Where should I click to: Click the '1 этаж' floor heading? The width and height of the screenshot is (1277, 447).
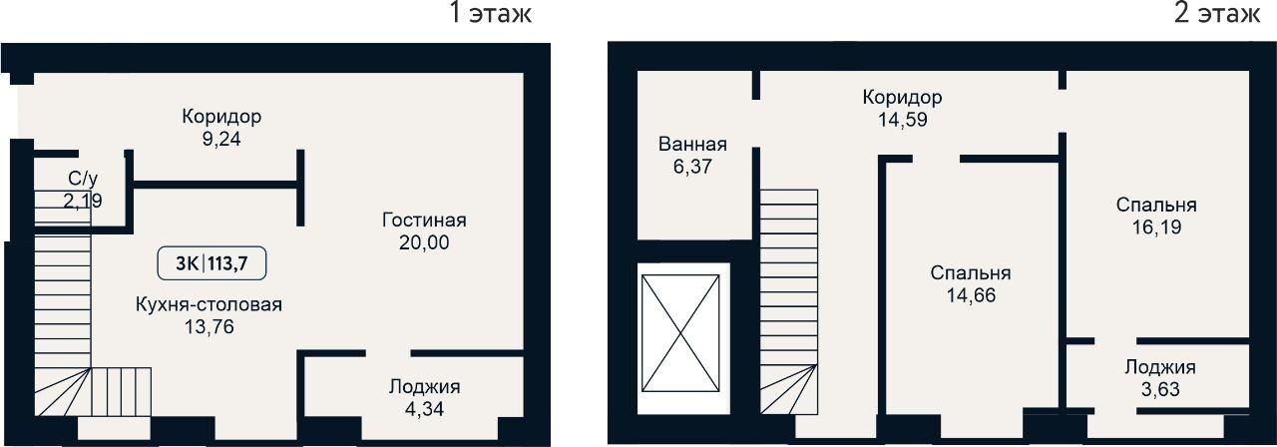[491, 13]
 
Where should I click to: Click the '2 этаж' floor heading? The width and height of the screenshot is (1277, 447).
[1217, 13]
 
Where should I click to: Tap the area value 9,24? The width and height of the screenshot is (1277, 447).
[221, 139]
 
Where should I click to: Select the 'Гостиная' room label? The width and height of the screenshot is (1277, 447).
[424, 221]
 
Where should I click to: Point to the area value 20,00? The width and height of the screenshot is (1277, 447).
[424, 242]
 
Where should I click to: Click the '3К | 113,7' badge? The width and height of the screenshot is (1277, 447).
[212, 263]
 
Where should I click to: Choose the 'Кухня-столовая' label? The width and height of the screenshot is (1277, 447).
[209, 304]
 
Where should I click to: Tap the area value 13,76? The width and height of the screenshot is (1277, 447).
[210, 327]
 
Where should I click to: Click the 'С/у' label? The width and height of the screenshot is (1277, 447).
[83, 179]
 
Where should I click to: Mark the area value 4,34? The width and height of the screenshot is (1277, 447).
[424, 409]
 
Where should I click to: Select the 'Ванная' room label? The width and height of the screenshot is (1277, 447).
[692, 145]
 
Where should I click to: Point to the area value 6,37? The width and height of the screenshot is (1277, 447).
[692, 167]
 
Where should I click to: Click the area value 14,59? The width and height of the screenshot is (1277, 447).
[903, 120]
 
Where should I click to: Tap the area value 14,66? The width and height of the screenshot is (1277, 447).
[971, 295]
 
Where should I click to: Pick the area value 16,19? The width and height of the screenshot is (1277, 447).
[1156, 226]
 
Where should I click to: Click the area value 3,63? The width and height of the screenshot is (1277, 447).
[1160, 389]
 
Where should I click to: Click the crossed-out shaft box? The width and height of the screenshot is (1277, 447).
[680, 333]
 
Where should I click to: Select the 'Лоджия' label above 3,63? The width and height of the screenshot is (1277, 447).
[1160, 367]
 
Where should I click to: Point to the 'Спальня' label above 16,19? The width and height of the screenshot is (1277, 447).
[1156, 205]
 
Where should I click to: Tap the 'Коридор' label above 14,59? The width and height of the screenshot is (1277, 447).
[902, 98]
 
